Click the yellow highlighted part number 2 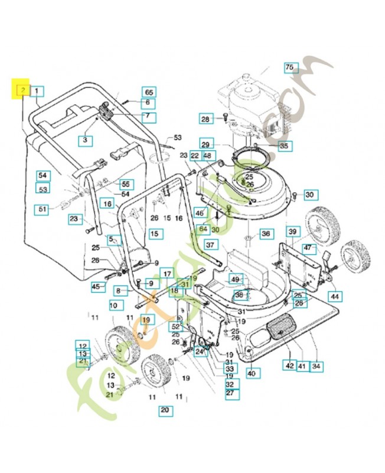[x=22, y=90]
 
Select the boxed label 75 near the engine [x=289, y=67]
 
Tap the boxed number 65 [x=149, y=92]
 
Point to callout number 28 [x=205, y=119]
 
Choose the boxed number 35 [x=285, y=145]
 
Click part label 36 [x=266, y=234]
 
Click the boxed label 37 [x=211, y=245]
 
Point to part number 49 [x=236, y=279]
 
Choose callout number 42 [x=290, y=365]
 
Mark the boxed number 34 [x=317, y=365]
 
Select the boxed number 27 [x=230, y=392]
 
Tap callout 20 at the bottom [x=165, y=410]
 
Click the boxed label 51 [x=43, y=209]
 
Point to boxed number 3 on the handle [x=85, y=140]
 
